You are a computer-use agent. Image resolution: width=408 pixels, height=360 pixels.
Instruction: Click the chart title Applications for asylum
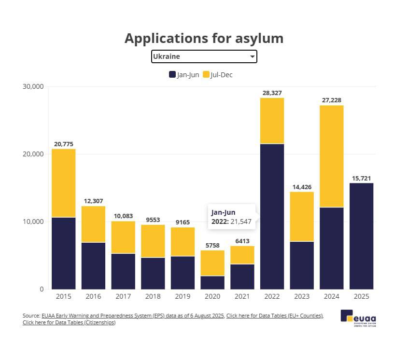(204, 38)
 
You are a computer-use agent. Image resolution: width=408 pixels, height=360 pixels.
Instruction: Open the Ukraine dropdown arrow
(252, 56)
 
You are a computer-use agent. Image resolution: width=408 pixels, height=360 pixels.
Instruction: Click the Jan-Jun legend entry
(183, 75)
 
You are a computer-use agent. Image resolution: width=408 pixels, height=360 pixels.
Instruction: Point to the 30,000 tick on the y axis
(33, 86)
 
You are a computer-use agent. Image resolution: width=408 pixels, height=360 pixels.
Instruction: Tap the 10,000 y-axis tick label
(33, 222)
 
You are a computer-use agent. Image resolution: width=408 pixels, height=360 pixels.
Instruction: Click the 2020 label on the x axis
(212, 295)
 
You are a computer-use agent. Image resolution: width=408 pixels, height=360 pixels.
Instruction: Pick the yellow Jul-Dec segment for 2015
(63, 183)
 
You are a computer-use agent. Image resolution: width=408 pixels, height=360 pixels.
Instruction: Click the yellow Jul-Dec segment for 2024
(331, 156)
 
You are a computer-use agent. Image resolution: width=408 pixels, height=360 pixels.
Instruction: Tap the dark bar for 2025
(361, 236)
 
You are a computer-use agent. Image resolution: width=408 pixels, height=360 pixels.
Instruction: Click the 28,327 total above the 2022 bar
(272, 93)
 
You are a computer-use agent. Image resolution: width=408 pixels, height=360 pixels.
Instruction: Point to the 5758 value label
(212, 245)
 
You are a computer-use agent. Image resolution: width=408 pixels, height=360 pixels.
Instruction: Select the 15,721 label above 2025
(361, 178)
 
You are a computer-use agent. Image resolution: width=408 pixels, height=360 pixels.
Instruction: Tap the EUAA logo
(358, 317)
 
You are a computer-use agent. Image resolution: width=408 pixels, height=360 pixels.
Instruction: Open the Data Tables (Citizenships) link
(69, 322)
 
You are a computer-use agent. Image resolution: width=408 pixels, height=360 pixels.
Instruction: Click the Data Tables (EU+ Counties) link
(274, 316)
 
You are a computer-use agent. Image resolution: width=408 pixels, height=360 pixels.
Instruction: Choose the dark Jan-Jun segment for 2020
(212, 282)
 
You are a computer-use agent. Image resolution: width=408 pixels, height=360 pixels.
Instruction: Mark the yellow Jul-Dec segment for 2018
(153, 241)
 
